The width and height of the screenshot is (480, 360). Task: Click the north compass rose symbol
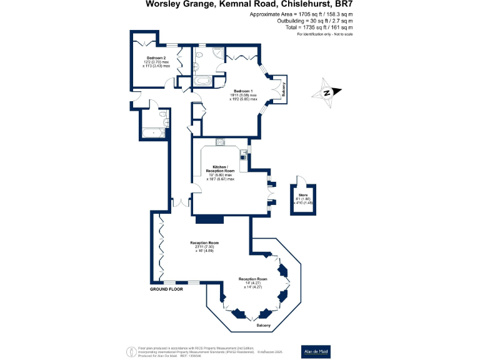[x=327, y=93]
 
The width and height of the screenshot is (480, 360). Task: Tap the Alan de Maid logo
[x=317, y=350]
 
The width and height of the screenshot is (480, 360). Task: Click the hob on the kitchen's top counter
[x=221, y=142]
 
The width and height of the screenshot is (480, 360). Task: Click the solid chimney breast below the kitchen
[x=209, y=219]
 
